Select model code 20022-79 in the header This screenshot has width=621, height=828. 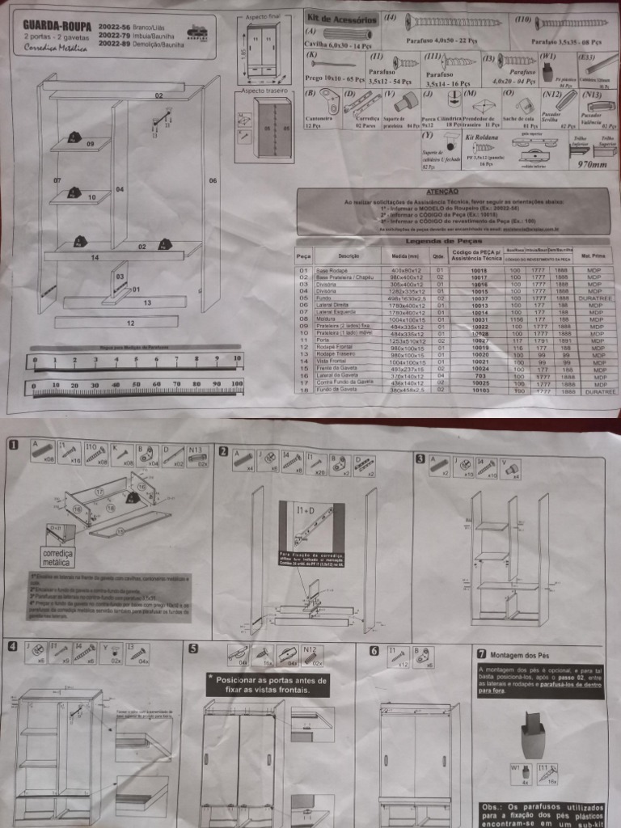coord(115,36)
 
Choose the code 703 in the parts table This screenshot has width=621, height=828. coord(479,375)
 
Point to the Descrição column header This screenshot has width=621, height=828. coord(353,256)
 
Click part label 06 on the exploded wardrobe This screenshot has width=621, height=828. coord(213,180)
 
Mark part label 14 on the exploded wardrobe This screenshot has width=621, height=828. coord(95,257)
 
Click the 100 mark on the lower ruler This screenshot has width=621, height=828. coord(236,384)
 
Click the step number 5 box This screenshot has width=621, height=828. coord(193,648)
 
